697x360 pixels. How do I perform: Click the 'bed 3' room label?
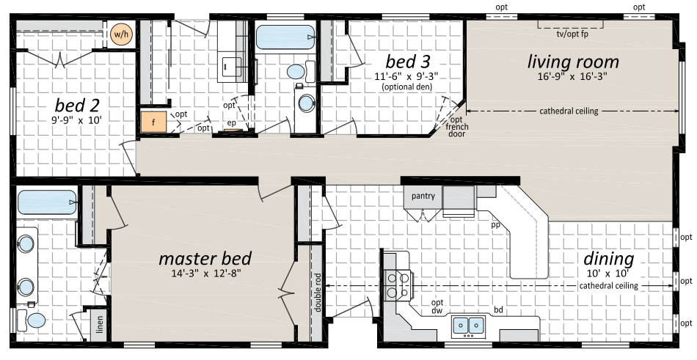tap(408, 62)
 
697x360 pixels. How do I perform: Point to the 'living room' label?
tap(573, 62)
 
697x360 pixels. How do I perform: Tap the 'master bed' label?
tap(205, 258)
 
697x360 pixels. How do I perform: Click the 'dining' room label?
tap(608, 259)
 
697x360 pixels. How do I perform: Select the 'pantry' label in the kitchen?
tap(423, 196)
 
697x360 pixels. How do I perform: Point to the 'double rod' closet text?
tap(318, 292)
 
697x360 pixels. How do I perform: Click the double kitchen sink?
tap(469, 326)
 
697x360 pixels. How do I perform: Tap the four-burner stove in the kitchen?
tap(398, 284)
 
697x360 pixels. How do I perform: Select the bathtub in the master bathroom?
tap(47, 202)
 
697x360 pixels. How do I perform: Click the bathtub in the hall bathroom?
tap(285, 37)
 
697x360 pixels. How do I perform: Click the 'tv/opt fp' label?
tap(572, 34)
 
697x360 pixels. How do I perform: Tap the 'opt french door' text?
tap(456, 127)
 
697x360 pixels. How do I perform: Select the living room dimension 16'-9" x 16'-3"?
tap(572, 76)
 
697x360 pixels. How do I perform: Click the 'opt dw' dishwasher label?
tap(437, 307)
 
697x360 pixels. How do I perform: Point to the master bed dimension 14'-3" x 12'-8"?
tap(206, 273)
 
